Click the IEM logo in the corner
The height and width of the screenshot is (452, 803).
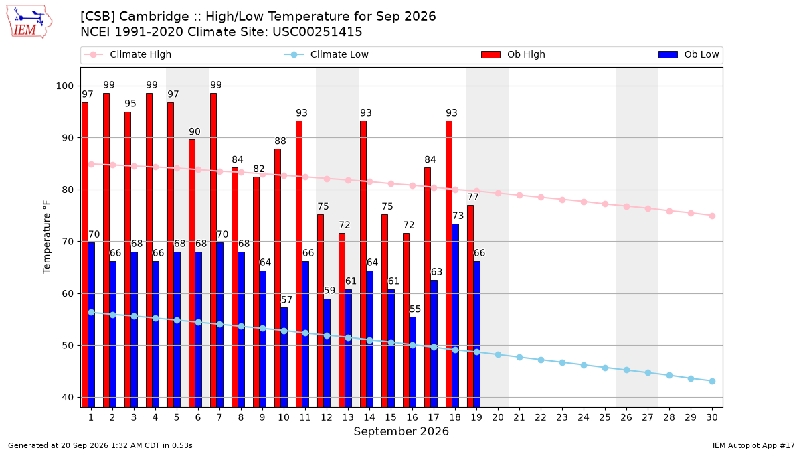[x=29, y=22]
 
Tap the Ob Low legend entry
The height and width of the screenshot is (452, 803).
[x=689, y=54]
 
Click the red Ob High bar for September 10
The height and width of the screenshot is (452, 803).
[x=278, y=278]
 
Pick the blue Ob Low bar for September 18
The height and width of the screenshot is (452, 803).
[x=455, y=315]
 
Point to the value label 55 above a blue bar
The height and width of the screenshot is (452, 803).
[x=415, y=309]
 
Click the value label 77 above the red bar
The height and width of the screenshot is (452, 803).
[x=473, y=197]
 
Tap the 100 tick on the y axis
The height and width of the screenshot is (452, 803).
[x=64, y=86]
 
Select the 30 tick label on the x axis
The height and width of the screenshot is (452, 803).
[x=712, y=417]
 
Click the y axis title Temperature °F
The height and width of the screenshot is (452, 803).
[x=47, y=237]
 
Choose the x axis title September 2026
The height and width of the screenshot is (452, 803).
[x=401, y=431]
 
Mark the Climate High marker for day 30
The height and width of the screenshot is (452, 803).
[x=712, y=216]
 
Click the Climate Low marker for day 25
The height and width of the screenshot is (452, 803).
[x=605, y=368]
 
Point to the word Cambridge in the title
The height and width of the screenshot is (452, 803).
[x=154, y=17]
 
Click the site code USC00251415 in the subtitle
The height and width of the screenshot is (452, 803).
[x=317, y=32]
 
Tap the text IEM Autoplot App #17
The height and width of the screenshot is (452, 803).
[x=753, y=445]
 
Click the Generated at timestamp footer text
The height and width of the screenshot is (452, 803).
[x=100, y=445]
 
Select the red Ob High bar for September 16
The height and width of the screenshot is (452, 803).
[x=406, y=320]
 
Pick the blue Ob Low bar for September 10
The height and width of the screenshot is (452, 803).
[x=284, y=358]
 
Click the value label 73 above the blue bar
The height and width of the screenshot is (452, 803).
[x=458, y=216]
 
